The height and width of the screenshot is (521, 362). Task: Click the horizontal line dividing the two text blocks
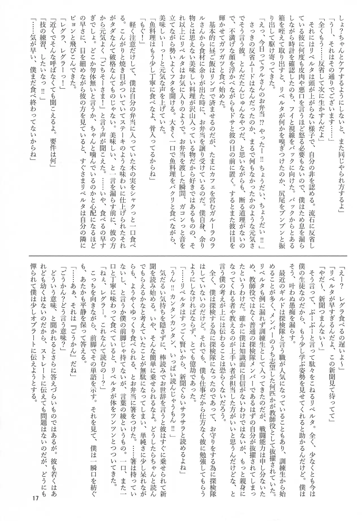[192, 256]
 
